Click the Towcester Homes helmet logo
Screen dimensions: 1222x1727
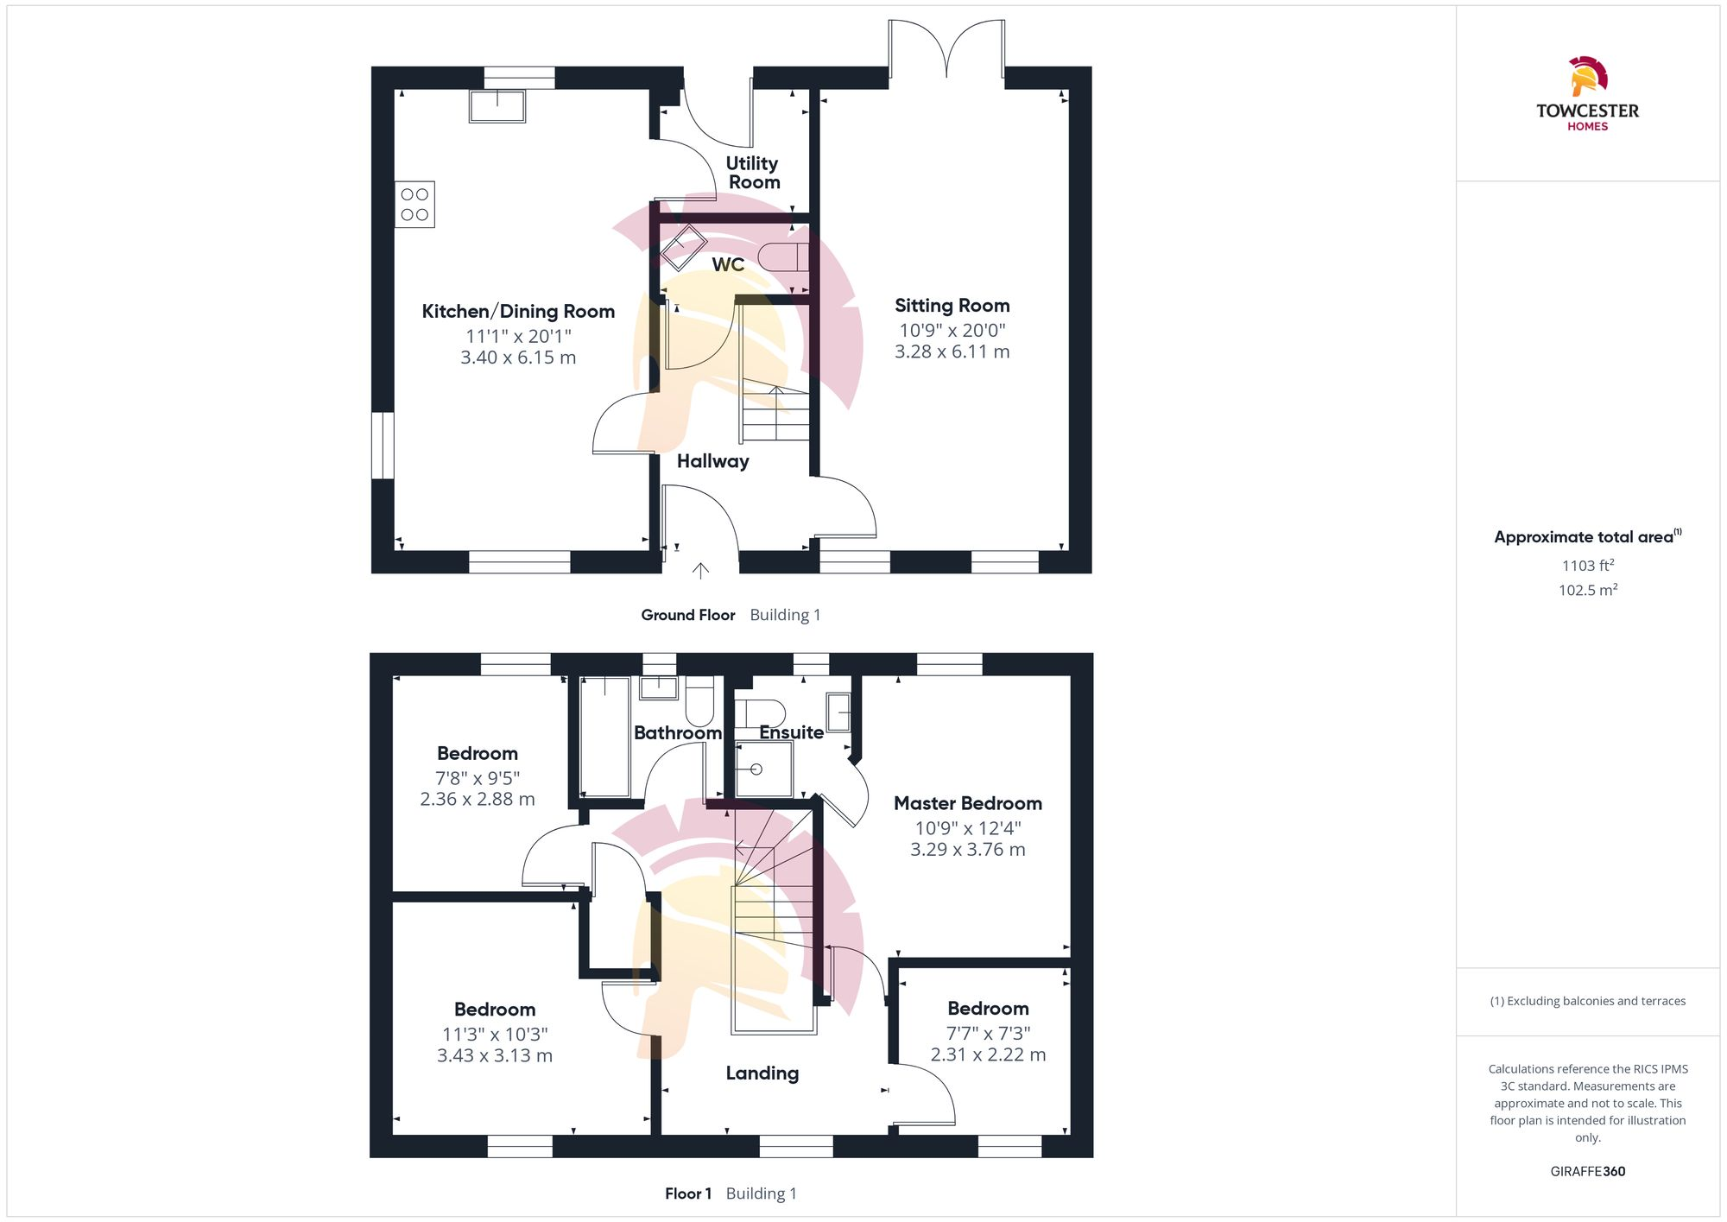pos(1587,77)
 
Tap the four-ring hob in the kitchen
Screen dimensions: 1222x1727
pos(414,205)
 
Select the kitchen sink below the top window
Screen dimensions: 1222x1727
pos(497,106)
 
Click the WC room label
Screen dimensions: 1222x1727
pos(728,264)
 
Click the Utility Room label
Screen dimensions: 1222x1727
pos(753,173)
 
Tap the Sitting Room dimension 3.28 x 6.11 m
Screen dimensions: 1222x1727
pos(952,351)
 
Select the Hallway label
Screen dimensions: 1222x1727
pos(712,461)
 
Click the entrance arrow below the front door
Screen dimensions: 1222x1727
pos(700,570)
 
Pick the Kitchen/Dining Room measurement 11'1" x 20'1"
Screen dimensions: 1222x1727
pos(518,336)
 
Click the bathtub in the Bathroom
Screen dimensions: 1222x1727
pos(604,737)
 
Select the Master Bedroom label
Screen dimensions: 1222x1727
pos(967,803)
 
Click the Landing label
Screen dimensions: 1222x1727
pos(762,1073)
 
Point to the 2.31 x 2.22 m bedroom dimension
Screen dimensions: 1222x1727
pos(988,1054)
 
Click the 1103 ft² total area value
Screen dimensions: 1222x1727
pos(1587,566)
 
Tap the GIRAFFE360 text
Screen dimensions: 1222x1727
pos(1587,1172)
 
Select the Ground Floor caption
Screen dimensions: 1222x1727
pos(687,615)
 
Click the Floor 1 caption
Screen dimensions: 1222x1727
pos(687,1194)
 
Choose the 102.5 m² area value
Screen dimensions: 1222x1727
pos(1587,590)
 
